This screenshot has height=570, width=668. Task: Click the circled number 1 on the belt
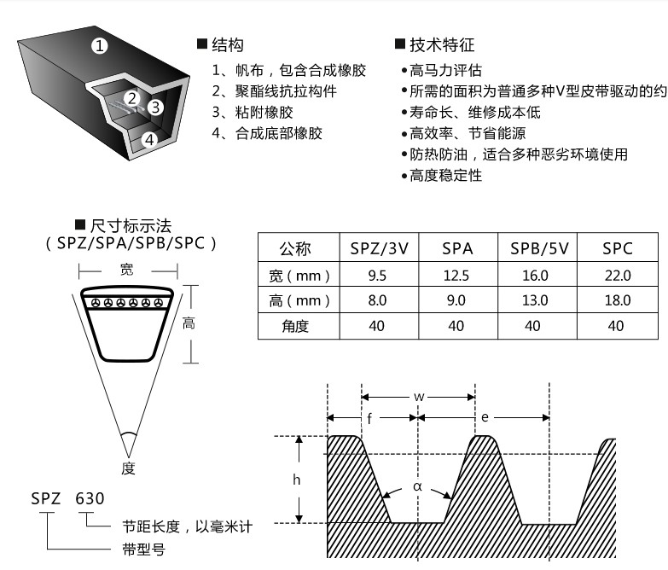[x=100, y=45]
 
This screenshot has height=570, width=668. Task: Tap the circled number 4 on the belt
[x=149, y=139]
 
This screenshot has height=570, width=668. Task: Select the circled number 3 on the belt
[x=155, y=107]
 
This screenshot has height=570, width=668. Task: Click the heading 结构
[x=228, y=44]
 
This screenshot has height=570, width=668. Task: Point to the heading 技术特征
[x=442, y=44]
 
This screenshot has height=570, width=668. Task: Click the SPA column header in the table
[x=457, y=248]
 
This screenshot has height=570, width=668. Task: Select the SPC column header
[x=618, y=248]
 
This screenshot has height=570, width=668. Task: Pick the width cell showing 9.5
[x=377, y=276]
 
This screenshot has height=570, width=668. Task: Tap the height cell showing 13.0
[x=535, y=300]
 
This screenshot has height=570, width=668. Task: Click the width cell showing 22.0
[x=618, y=276]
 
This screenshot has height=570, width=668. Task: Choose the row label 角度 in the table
[x=295, y=326]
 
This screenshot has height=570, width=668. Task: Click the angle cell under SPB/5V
[x=532, y=326]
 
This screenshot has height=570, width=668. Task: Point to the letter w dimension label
[x=419, y=397]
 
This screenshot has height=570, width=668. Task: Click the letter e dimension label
[x=485, y=417]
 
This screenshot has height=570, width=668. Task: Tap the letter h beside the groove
[x=297, y=480]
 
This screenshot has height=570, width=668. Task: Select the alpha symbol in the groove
[x=417, y=486]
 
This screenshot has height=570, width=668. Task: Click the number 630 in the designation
[x=90, y=498]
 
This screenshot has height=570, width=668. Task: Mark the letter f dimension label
[x=369, y=418]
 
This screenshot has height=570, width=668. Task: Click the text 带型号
[x=143, y=550]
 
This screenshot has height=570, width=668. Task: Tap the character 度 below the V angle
[x=128, y=468]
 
